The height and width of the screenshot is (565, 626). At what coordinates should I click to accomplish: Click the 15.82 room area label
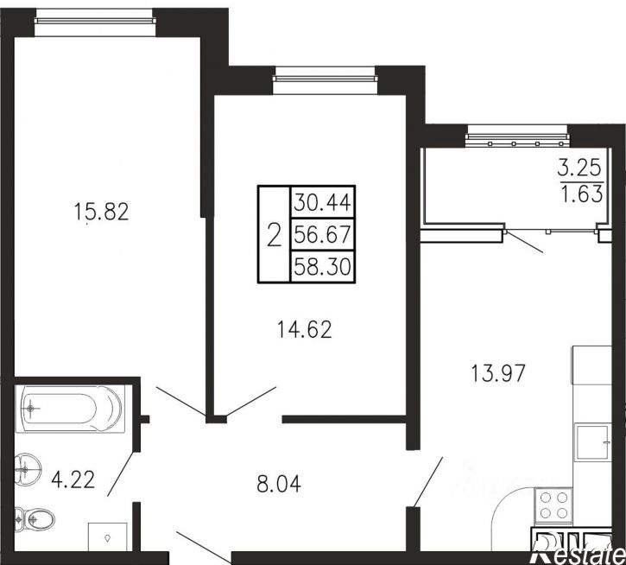coord(101,212)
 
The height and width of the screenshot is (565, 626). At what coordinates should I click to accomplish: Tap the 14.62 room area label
coord(304,330)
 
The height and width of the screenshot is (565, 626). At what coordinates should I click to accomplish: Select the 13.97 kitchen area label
coord(498,373)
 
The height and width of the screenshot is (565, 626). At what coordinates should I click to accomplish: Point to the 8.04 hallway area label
coord(279,484)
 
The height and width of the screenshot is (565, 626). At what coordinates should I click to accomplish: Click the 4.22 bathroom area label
coord(73,479)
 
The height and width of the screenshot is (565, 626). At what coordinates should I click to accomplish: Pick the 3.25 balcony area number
coord(579,168)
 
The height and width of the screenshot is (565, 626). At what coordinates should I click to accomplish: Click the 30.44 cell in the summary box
coord(323,202)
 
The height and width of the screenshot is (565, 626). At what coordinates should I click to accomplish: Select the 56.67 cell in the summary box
coord(323,234)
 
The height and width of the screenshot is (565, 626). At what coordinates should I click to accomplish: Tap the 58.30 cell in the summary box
coord(323,266)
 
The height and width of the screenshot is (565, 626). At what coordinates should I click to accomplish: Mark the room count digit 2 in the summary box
coord(274,235)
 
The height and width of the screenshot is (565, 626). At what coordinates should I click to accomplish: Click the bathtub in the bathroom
coord(70,409)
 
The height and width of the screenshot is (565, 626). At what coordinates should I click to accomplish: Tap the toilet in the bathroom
coord(35,519)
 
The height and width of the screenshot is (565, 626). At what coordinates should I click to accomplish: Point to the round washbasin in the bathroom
coord(27,468)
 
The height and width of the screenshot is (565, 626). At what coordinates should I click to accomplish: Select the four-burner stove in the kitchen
coord(553,506)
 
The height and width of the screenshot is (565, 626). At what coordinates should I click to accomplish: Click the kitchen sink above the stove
coord(592,442)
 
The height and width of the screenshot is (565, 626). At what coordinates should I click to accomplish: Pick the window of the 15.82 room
coord(94,22)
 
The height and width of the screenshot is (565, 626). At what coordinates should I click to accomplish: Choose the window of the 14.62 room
coord(325,79)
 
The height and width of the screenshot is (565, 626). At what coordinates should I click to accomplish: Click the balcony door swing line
coord(525,242)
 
